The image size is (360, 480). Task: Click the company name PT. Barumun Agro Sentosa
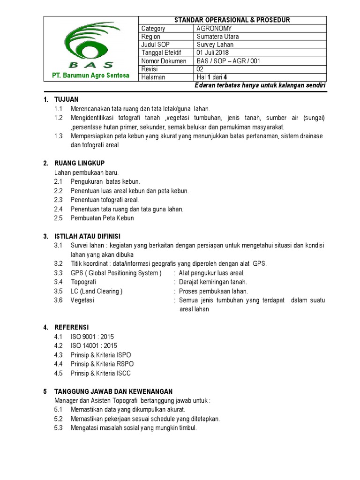(x=91, y=75)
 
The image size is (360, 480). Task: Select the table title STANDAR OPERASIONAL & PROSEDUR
(x=232, y=20)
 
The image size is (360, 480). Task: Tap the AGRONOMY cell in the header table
(x=214, y=28)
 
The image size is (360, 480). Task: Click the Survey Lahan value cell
(x=215, y=45)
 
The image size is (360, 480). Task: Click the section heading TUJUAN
(x=67, y=99)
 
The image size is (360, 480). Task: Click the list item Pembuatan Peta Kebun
(x=102, y=218)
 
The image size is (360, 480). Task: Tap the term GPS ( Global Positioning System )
(x=116, y=273)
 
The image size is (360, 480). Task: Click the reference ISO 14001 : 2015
(x=94, y=345)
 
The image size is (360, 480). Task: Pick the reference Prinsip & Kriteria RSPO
(x=102, y=364)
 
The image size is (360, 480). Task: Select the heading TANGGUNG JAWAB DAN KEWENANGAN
(x=113, y=391)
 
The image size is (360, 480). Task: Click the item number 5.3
(x=58, y=428)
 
